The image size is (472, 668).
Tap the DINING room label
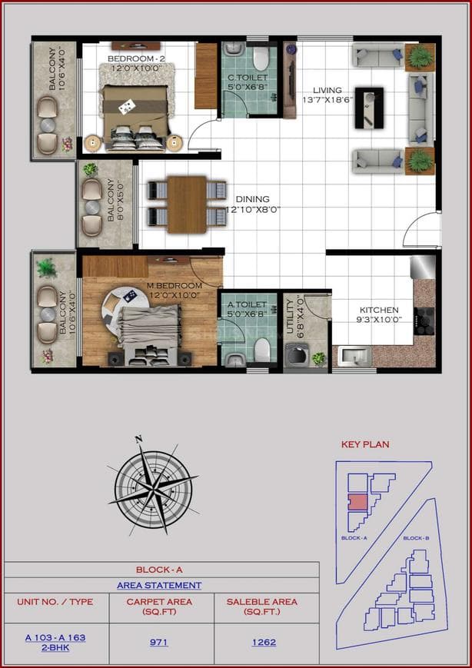click(252, 199)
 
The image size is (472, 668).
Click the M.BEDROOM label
click(175, 286)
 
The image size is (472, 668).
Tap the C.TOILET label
click(245, 77)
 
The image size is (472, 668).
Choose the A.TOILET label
click(246, 304)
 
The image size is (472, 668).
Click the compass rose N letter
click(139, 440)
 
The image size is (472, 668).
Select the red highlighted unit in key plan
click(357, 502)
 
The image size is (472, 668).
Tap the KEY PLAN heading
click(365, 444)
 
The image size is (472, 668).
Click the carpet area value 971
click(159, 642)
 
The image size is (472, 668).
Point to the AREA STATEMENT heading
click(159, 586)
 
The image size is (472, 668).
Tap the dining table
click(187, 203)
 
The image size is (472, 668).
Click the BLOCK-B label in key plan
click(415, 538)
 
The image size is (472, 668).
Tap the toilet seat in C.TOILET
click(259, 58)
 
